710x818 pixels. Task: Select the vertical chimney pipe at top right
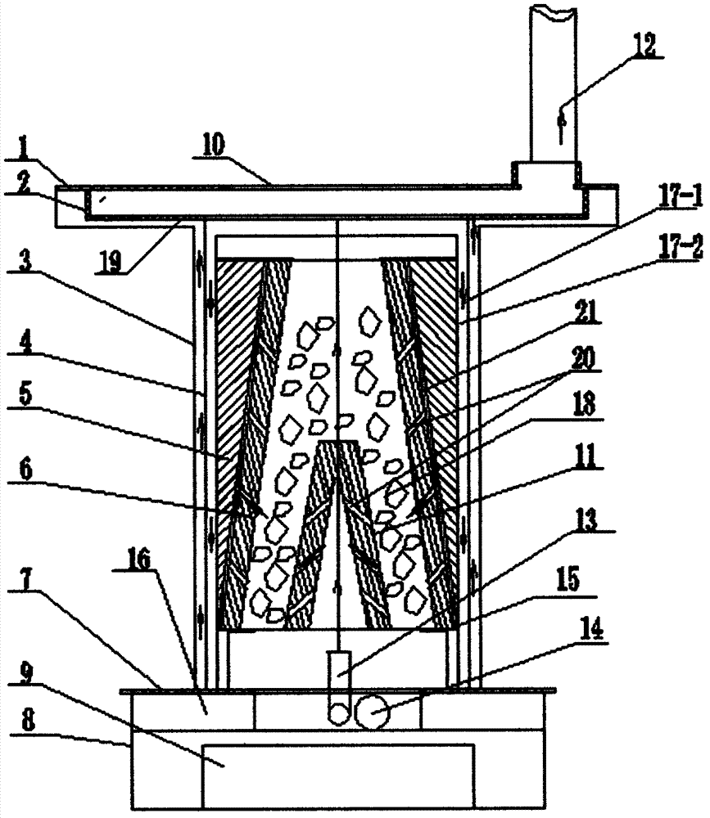(x=553, y=82)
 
